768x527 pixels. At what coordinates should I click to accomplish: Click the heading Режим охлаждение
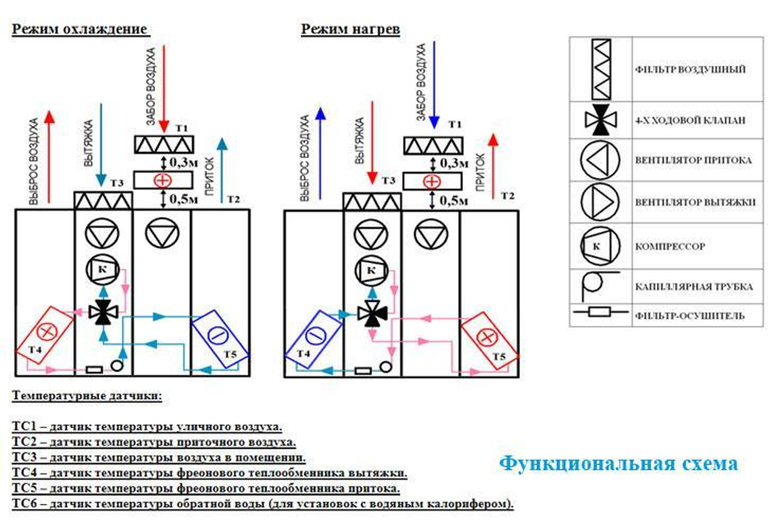tap(79, 29)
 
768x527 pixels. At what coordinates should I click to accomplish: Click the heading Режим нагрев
tap(350, 29)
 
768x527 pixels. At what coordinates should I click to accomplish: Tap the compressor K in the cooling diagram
tap(103, 269)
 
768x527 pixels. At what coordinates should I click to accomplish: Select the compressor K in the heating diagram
tap(371, 270)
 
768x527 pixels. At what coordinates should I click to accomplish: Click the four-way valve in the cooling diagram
tap(103, 311)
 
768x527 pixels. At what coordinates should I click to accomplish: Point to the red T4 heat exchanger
tap(45, 336)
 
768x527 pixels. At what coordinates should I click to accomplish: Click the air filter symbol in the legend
tap(601, 70)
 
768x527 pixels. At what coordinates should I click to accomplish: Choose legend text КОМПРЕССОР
tap(670, 247)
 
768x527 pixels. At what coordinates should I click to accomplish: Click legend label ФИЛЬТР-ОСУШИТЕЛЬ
tap(690, 316)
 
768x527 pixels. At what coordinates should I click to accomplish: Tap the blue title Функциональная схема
tap(618, 462)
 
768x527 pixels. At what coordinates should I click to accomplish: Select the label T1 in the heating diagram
tap(455, 124)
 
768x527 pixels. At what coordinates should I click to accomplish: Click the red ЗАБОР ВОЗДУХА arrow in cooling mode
tap(164, 88)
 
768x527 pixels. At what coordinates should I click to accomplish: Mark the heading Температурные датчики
tap(87, 396)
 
